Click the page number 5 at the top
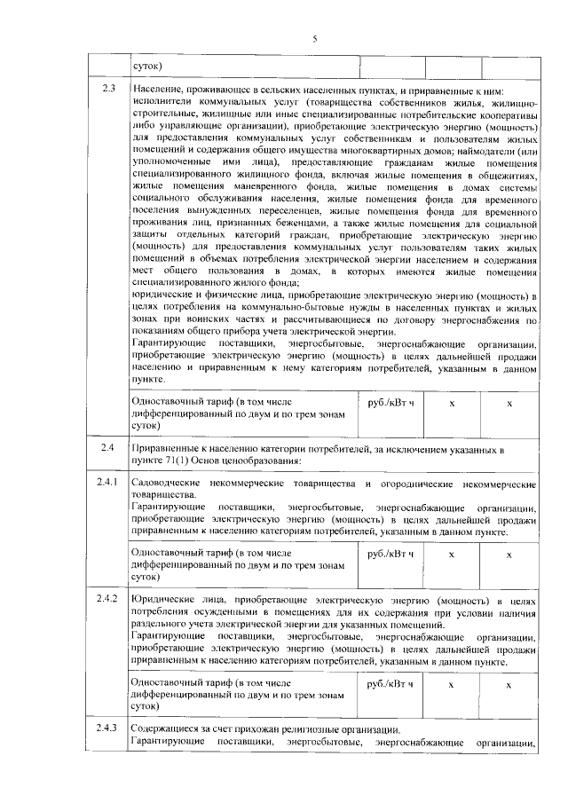click(x=314, y=37)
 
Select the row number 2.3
click(x=108, y=91)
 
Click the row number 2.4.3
click(x=108, y=728)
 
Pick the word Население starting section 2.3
click(x=158, y=91)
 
